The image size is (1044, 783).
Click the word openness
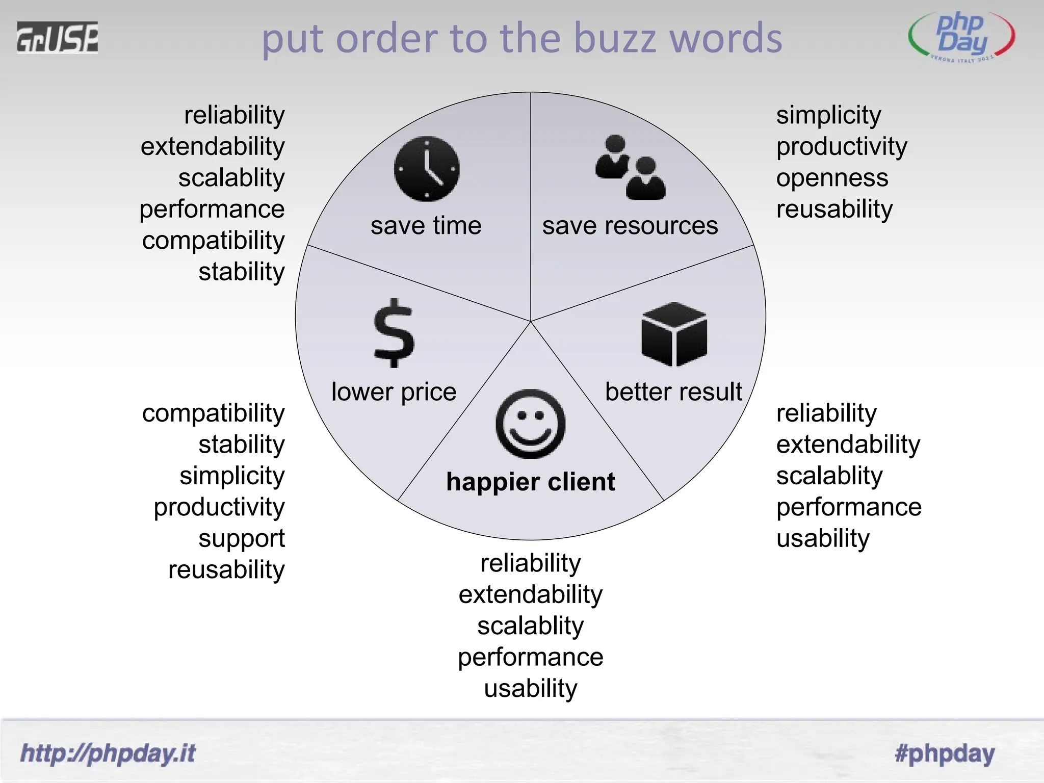832,178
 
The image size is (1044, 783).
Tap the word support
241,539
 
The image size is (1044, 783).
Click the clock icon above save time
427,169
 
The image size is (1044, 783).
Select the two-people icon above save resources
630,167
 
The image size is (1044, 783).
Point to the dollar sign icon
394,333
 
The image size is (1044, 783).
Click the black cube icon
674,334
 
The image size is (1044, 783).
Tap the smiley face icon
530,424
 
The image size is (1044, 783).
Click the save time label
426,225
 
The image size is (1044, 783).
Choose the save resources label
630,225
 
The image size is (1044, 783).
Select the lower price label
394,391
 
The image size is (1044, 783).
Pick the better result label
673,391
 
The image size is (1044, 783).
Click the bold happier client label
530,482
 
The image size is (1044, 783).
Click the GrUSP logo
57,38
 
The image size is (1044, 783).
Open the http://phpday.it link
108,753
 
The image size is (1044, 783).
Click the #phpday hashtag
945,753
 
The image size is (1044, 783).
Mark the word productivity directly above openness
842,147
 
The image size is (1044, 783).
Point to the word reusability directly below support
226,570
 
